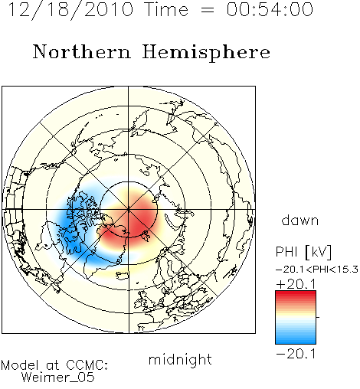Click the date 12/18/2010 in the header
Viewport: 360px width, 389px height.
coord(70,9)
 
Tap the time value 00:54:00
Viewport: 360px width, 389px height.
coord(270,9)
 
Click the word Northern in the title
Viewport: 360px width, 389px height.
coord(82,51)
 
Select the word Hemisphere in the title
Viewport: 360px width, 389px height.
coord(206,53)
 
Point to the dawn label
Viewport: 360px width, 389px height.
coord(300,220)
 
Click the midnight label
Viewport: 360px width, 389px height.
coord(180,359)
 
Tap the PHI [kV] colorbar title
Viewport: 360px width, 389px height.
coord(303,252)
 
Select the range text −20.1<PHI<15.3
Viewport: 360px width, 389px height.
coord(317,270)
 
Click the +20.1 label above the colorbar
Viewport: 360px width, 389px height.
coord(296,284)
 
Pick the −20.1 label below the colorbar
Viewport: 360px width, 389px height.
coord(296,354)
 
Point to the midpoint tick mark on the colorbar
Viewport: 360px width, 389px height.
coord(318,317)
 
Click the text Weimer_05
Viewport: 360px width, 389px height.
coord(58,377)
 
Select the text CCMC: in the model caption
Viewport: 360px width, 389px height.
coord(87,365)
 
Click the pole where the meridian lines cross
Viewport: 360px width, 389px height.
coord(129,210)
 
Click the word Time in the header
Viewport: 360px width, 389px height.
coord(166,9)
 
